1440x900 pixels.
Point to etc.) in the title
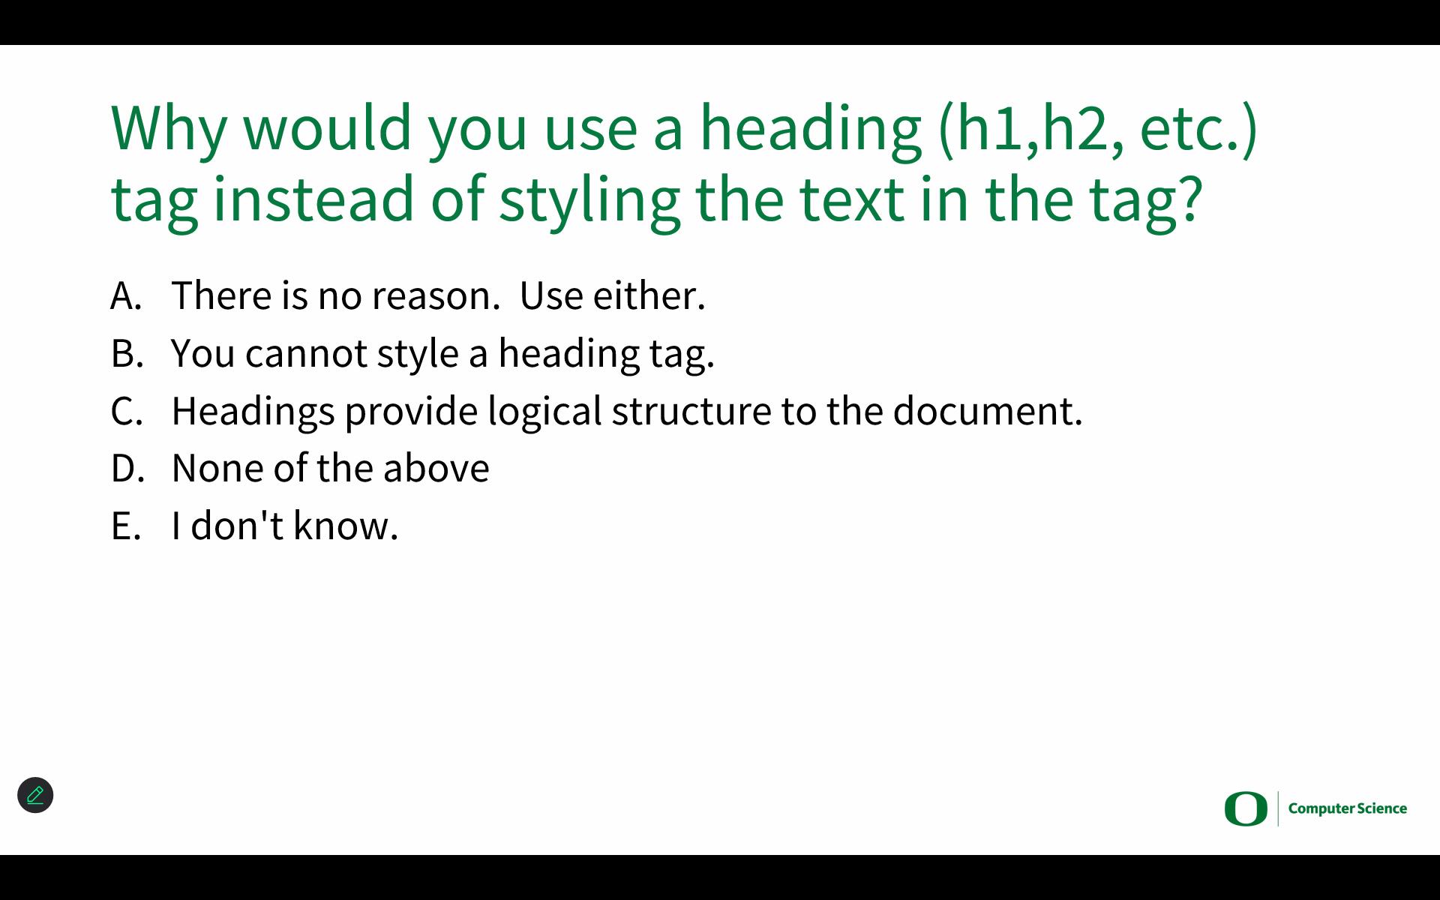(1198, 129)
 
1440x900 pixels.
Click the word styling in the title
(589, 201)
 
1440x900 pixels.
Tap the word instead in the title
(314, 199)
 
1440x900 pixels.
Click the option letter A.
(126, 295)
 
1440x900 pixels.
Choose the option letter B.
(127, 353)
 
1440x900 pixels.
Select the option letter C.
(127, 411)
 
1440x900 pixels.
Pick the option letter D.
(127, 468)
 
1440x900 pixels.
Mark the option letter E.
(126, 526)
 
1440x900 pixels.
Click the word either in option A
(649, 295)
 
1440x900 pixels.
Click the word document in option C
(988, 411)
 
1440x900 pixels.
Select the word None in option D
(217, 469)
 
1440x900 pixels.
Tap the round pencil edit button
(35, 795)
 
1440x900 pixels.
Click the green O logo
(1246, 808)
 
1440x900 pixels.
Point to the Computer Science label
(1348, 808)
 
